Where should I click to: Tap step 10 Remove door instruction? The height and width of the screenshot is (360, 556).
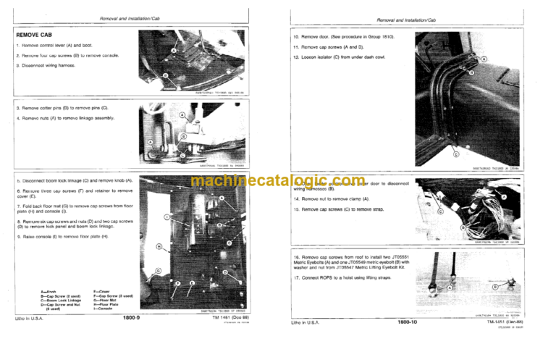(x=346, y=35)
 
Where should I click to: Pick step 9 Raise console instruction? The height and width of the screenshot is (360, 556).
(x=69, y=235)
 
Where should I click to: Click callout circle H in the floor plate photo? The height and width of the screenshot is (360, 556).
(x=159, y=247)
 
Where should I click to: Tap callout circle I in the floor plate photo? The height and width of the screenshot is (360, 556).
(x=167, y=217)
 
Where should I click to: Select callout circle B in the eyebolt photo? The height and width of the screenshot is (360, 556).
(x=495, y=287)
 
